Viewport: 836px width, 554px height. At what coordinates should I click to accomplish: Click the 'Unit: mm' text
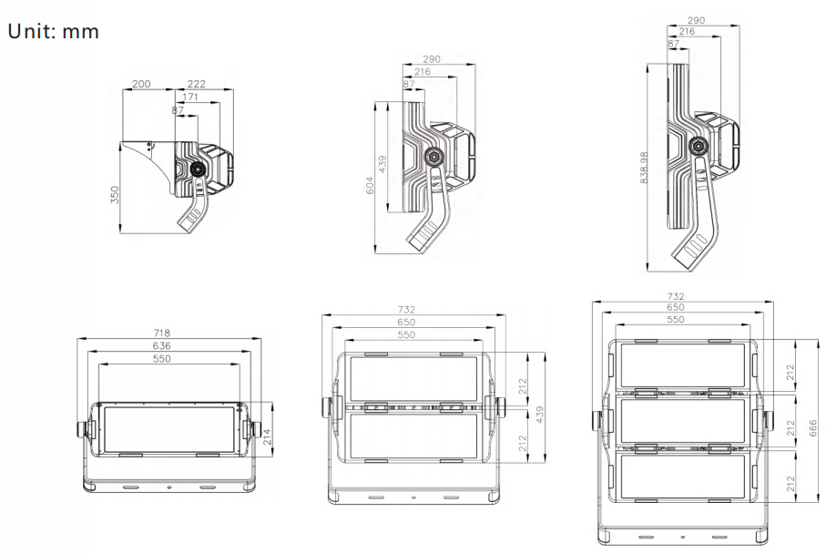[53, 31]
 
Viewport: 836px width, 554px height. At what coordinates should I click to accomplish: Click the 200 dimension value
[141, 84]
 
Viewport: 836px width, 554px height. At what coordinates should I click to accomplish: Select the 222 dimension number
[196, 84]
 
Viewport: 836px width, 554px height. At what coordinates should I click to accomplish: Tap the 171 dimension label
[191, 97]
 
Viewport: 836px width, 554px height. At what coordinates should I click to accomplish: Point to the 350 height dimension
[116, 195]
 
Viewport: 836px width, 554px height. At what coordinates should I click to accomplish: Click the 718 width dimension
[162, 333]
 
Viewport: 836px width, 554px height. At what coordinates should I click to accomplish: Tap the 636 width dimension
[162, 346]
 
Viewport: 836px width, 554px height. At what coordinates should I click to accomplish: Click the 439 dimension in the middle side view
[383, 164]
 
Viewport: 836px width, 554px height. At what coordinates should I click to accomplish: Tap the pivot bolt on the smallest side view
[196, 169]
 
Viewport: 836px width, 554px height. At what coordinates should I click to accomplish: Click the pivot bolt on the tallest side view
[699, 146]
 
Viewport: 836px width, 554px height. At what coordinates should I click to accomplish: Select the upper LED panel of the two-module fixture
[414, 378]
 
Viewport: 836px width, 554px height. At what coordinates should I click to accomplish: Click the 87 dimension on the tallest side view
[673, 44]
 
